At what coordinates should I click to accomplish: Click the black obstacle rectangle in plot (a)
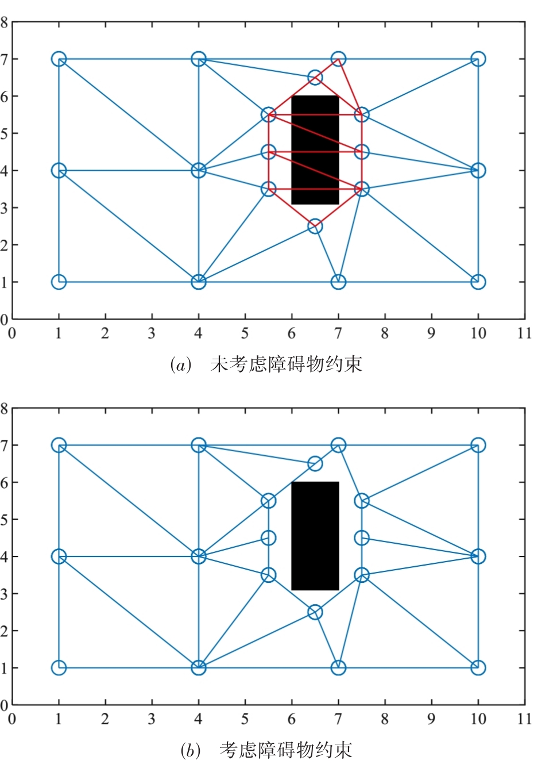[x=315, y=150]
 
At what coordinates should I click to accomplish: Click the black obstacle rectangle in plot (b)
[x=315, y=536]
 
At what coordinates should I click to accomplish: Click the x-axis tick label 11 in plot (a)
[x=525, y=333]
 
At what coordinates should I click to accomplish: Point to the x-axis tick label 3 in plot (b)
[x=152, y=719]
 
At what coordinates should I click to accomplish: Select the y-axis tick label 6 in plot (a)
[x=4, y=97]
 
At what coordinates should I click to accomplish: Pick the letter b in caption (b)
[x=191, y=750]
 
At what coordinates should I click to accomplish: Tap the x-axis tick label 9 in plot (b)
[x=431, y=719]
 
